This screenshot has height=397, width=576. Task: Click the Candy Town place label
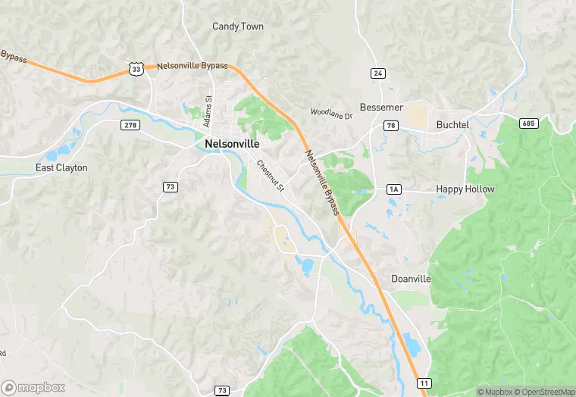(x=238, y=27)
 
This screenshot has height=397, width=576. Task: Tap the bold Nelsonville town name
(x=232, y=143)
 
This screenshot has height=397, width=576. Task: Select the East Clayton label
(x=62, y=167)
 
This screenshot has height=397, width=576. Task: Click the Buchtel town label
(x=453, y=124)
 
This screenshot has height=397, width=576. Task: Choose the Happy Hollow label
(x=465, y=189)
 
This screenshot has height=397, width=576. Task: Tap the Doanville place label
(x=411, y=279)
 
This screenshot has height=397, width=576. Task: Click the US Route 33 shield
(x=136, y=69)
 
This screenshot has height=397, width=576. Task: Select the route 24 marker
(x=377, y=73)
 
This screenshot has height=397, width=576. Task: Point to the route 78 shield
(x=390, y=126)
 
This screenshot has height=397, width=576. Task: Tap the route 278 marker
(x=130, y=124)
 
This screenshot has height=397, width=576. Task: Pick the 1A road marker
(x=393, y=189)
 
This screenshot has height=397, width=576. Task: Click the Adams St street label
(x=208, y=109)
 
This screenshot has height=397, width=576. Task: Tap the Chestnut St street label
(x=270, y=175)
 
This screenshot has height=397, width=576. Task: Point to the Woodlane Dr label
(x=332, y=114)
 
